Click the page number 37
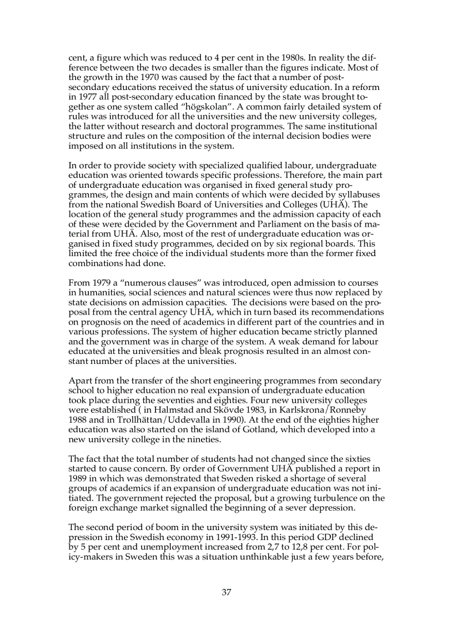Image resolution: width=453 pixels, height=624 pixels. point(226,592)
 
